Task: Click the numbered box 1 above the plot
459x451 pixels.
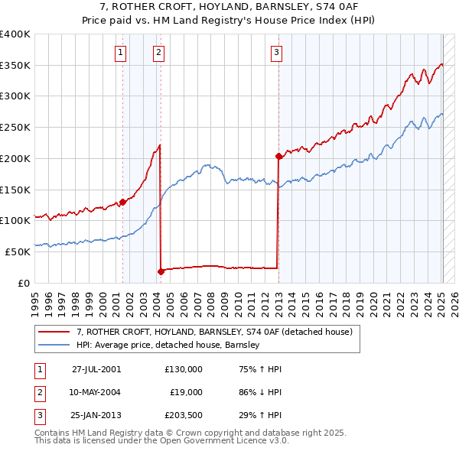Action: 122,53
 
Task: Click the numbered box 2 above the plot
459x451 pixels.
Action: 158,53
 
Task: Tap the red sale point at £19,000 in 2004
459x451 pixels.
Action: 161,271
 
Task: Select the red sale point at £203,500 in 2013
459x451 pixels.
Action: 278,156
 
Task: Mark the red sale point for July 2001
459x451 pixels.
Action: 122,202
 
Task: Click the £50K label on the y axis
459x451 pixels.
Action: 18,251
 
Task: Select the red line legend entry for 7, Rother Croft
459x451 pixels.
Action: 213,332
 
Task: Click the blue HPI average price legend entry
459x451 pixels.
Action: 168,345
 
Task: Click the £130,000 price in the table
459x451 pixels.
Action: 184,368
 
